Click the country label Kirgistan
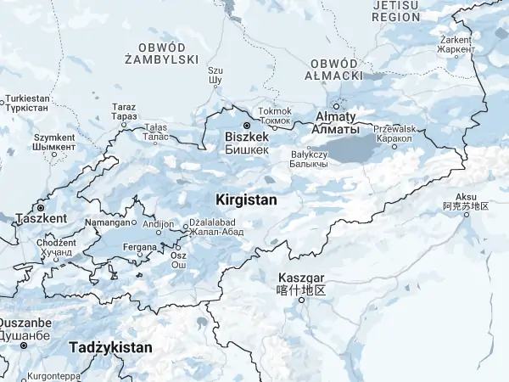coord(247,199)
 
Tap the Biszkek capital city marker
coord(247,126)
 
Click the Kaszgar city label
coord(301,278)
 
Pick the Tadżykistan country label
coord(110,347)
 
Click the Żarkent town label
coord(456,40)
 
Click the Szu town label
coord(215,70)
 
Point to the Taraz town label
coord(124,108)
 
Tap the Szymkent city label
coord(54,138)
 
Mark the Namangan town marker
coord(133,222)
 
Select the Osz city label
coord(178,256)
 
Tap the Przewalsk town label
coord(394,129)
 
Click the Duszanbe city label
coord(24,323)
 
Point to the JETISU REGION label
coord(395,10)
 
